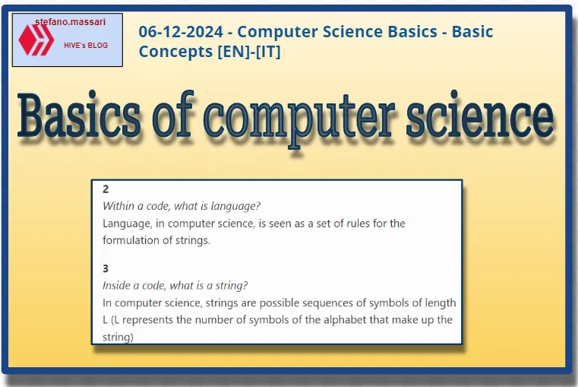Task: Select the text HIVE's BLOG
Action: (x=86, y=46)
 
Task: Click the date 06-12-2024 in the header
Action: (x=180, y=32)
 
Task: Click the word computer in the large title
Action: (x=308, y=117)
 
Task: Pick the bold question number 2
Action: (x=106, y=189)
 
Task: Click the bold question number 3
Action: (x=106, y=268)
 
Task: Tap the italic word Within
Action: (x=118, y=206)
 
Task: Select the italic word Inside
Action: (x=118, y=286)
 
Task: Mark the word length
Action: (x=441, y=303)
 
